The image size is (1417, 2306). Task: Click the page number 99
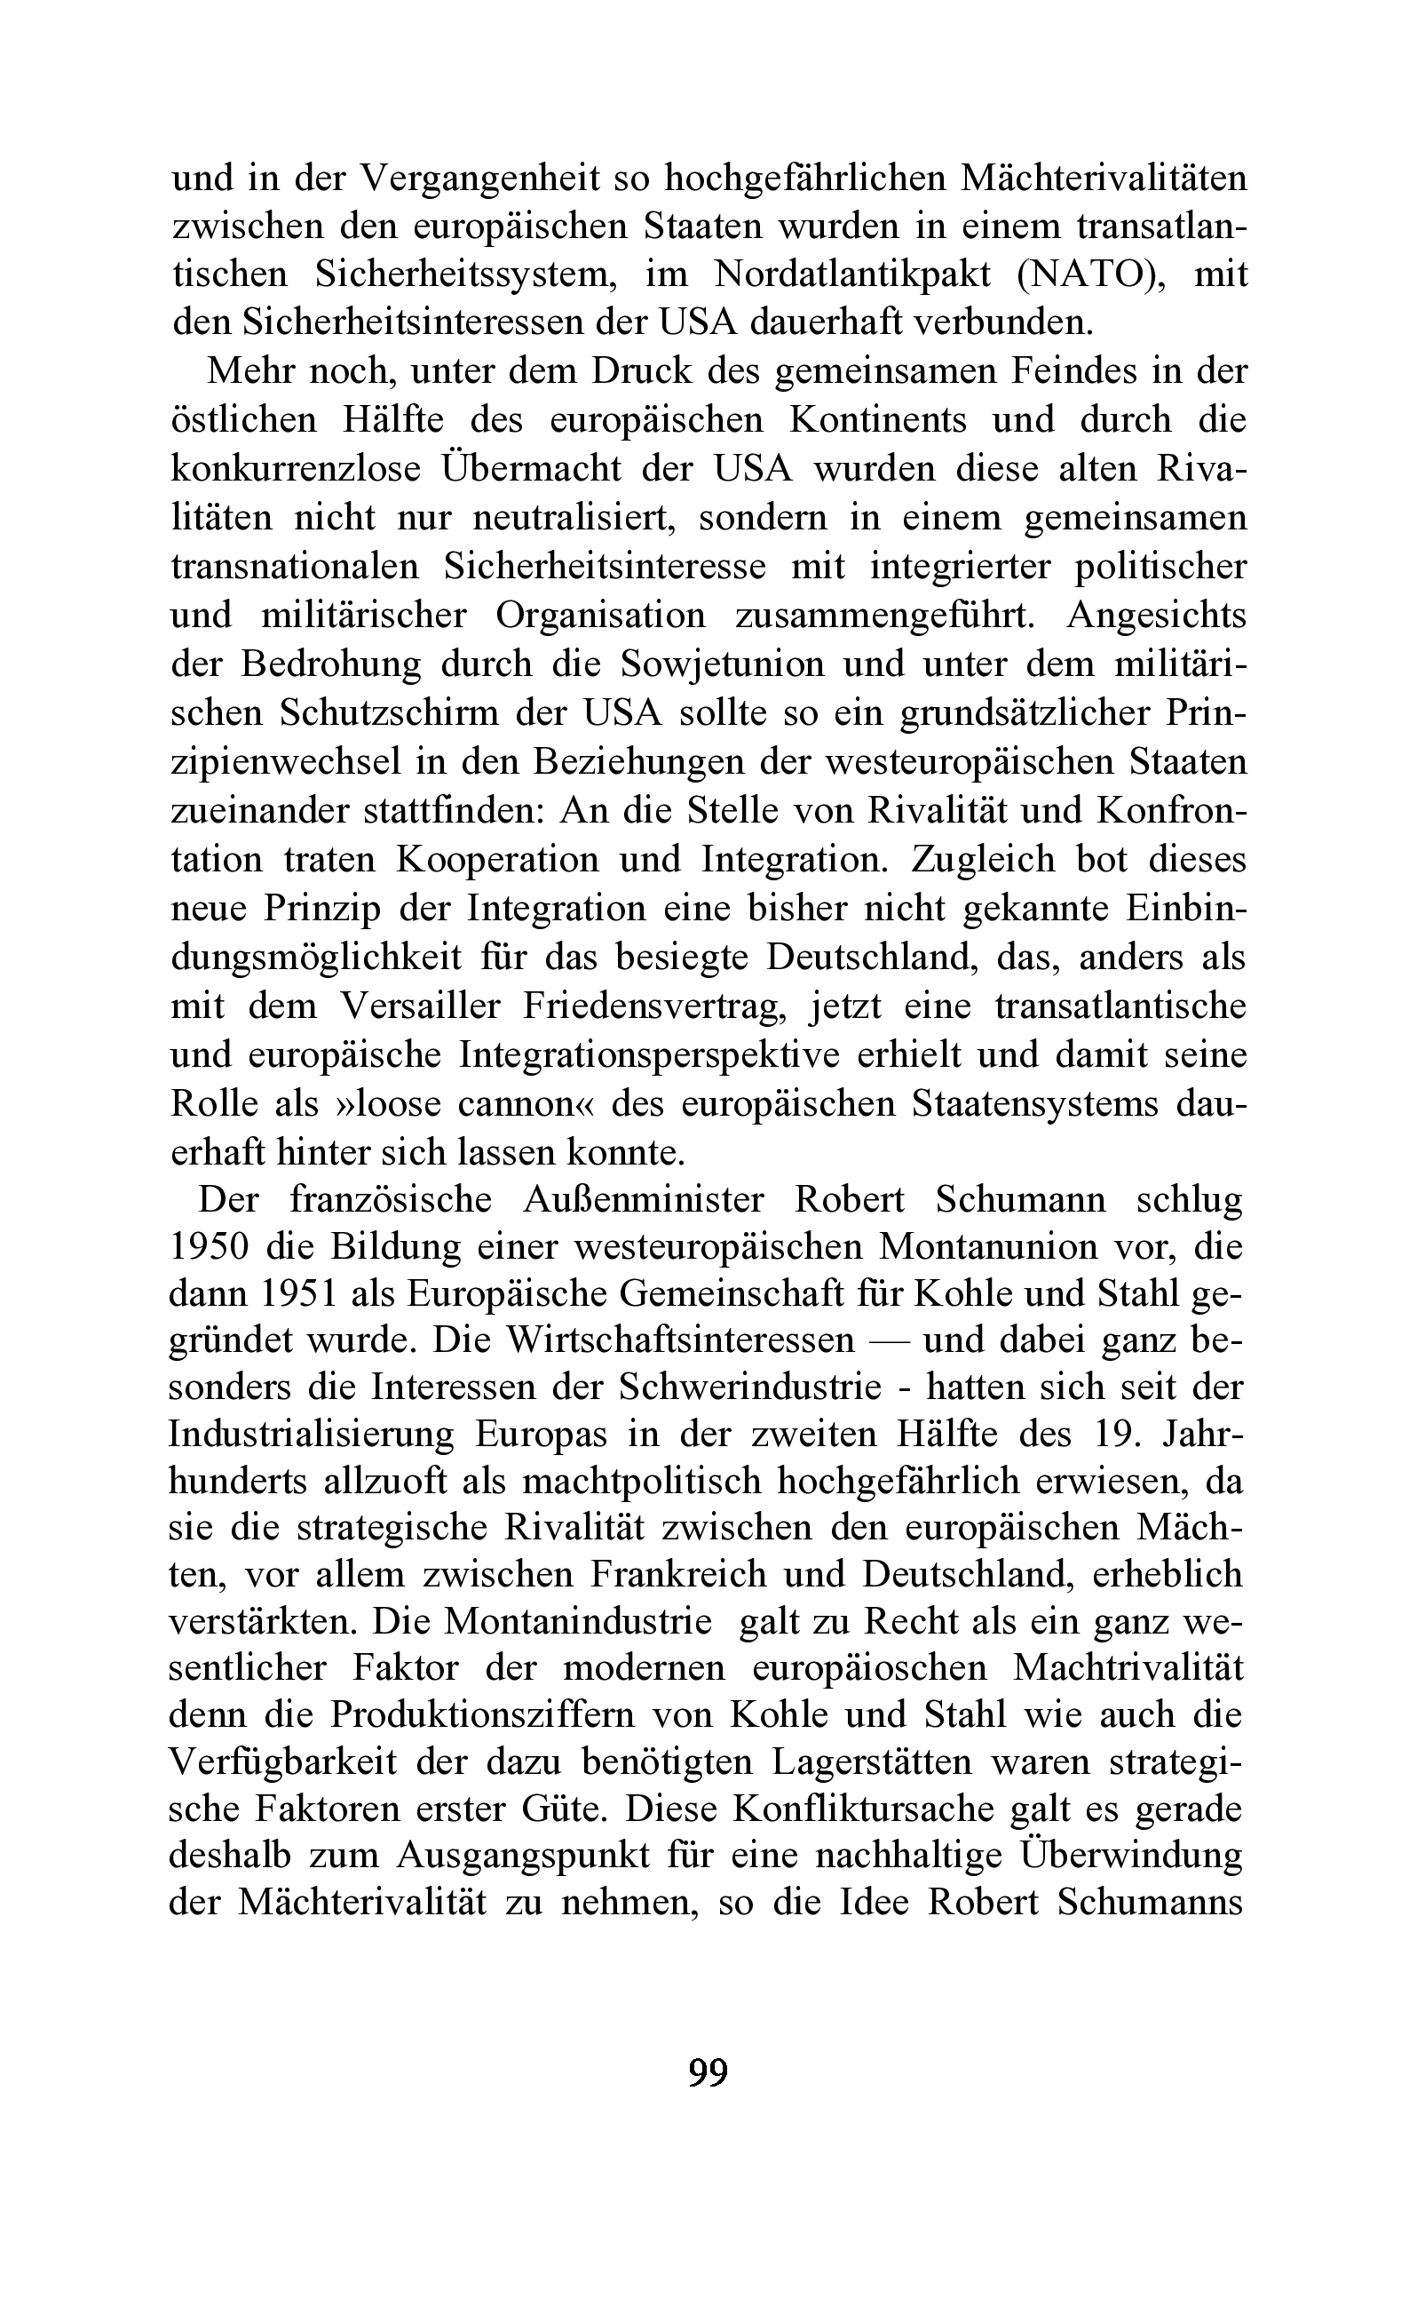(x=708, y=2071)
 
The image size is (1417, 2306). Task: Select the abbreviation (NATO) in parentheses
(x=1093, y=274)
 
